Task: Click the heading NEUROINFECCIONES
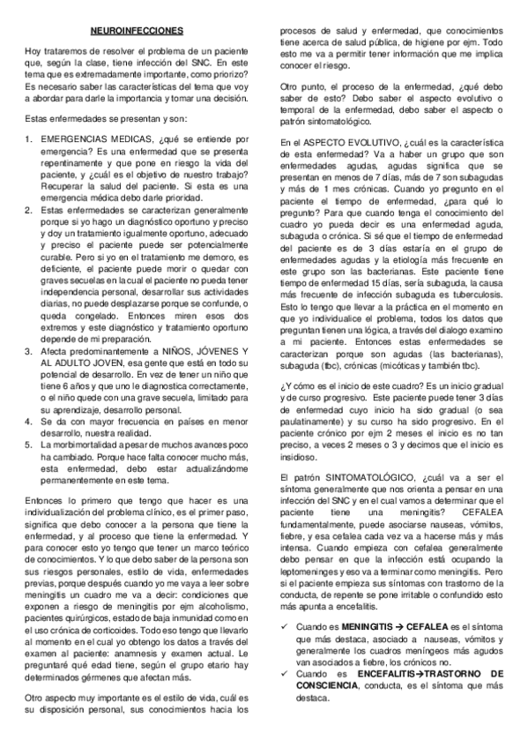coord(137,31)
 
